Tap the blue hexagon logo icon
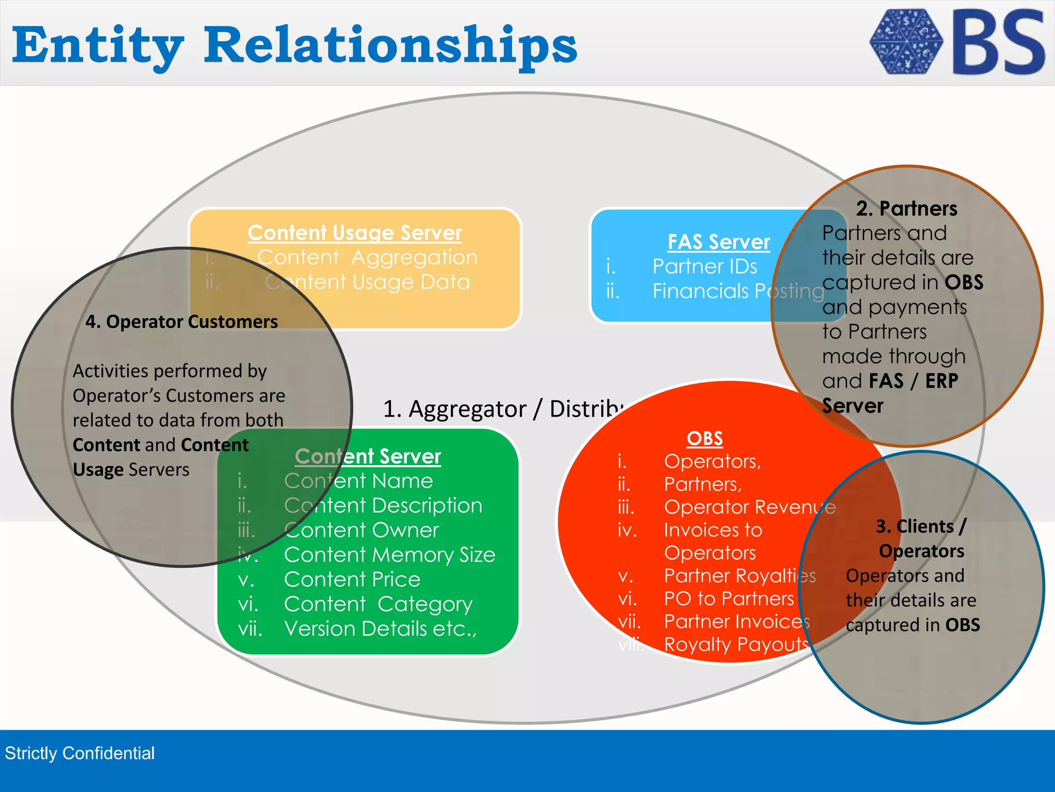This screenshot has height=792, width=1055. click(906, 41)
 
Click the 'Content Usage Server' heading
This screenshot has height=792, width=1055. click(354, 233)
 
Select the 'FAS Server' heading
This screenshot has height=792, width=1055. click(719, 242)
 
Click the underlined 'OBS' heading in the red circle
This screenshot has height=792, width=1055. click(704, 438)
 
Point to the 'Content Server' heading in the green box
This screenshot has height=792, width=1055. click(368, 456)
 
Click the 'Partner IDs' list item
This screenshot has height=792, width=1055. click(705, 267)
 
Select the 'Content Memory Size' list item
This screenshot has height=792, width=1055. click(389, 555)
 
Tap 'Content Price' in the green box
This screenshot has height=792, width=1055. click(352, 580)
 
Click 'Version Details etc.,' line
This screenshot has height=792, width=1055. click(380, 629)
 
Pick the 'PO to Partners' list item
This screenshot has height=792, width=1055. click(728, 599)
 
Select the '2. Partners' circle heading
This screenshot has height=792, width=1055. click(907, 209)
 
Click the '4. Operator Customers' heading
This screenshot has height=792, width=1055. click(181, 322)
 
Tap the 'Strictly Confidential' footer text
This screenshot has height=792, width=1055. click(80, 753)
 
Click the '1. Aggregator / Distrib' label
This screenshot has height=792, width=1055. click(502, 409)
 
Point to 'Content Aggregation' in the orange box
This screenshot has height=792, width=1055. click(367, 257)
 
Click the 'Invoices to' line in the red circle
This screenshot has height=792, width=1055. click(712, 530)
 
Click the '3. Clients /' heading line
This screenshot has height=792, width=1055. click(921, 526)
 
